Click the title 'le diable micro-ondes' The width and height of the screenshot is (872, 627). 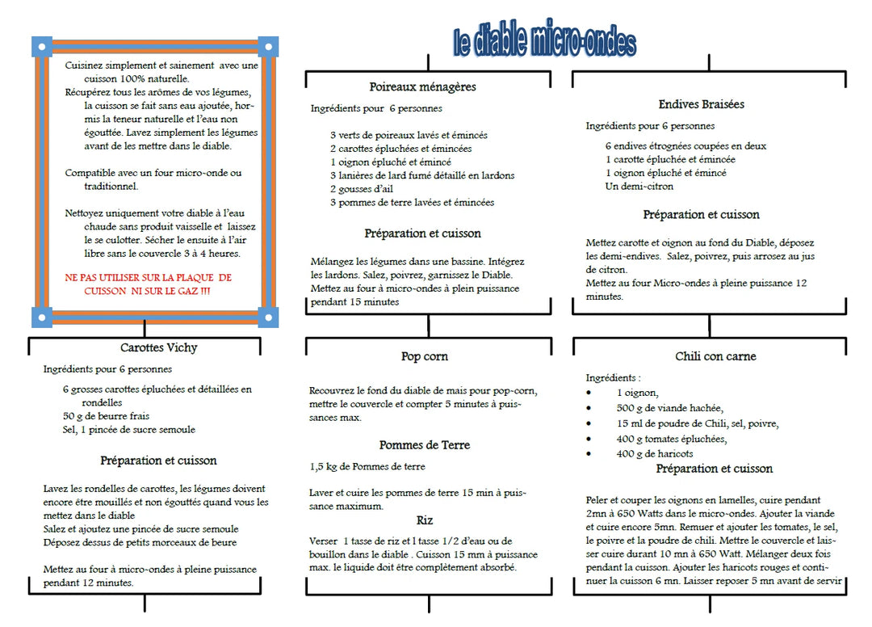(545, 40)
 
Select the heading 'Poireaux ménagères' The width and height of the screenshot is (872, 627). (422, 86)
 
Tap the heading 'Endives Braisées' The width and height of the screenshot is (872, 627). (701, 104)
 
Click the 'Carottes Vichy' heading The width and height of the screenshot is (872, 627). (158, 347)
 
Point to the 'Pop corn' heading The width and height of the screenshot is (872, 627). (424, 356)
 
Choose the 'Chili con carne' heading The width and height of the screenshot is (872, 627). (715, 356)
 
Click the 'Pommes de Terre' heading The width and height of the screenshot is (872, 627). (424, 445)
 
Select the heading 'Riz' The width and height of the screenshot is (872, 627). (425, 520)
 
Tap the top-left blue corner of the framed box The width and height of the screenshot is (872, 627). (42, 46)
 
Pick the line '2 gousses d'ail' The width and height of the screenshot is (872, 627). (361, 188)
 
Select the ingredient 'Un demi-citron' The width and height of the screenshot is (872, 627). (639, 186)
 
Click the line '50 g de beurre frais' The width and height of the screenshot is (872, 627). (106, 415)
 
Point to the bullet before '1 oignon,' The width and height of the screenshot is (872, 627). (589, 393)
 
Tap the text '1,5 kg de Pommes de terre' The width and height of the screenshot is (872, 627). (367, 467)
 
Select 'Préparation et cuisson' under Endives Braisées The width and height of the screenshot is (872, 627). (701, 215)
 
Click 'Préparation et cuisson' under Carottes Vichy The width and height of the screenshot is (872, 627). (158, 461)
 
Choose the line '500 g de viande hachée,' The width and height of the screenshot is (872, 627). (669, 408)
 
